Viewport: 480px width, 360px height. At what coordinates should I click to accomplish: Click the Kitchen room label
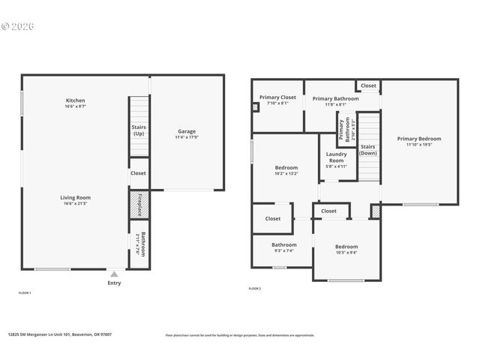(75, 100)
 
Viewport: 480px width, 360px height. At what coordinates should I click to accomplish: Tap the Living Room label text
(75, 197)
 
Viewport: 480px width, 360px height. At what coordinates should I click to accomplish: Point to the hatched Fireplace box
(139, 203)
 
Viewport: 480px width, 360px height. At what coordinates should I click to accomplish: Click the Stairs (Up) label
(139, 130)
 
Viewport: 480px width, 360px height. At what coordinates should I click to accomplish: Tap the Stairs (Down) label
(367, 150)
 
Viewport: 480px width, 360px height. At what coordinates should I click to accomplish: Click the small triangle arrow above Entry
(114, 274)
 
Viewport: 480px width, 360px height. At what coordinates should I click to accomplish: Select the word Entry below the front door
(114, 283)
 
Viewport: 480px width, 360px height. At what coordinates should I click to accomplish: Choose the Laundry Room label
(337, 157)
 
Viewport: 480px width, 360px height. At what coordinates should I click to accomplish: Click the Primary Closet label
(277, 97)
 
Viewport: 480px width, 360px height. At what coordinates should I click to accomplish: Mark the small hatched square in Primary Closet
(256, 107)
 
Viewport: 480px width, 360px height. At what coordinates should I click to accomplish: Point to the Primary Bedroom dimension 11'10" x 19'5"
(418, 145)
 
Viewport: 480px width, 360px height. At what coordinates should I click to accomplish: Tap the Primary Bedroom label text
(418, 139)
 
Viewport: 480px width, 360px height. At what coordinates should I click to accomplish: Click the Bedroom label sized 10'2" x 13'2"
(286, 167)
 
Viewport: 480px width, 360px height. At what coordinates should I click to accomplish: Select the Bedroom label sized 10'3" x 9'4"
(346, 247)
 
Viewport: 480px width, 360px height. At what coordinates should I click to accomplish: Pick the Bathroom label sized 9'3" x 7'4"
(283, 244)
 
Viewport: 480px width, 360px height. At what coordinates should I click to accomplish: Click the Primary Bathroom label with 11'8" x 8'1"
(335, 98)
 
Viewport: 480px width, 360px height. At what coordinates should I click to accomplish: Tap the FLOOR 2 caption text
(255, 288)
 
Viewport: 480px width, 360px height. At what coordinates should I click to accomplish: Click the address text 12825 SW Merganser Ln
(59, 334)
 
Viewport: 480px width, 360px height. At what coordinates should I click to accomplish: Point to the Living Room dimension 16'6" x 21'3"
(75, 203)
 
